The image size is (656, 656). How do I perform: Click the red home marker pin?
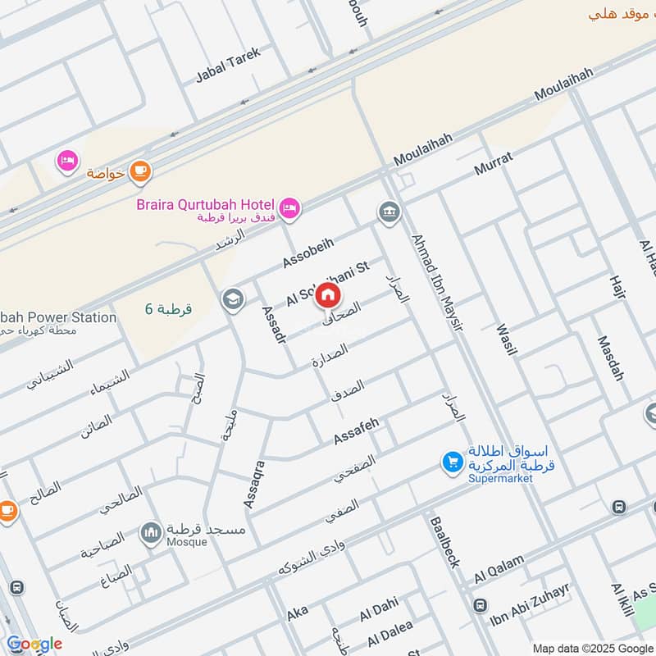click(x=328, y=295)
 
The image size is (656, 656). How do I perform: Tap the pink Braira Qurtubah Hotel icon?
click(x=289, y=209)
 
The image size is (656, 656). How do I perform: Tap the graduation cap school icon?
click(x=233, y=299)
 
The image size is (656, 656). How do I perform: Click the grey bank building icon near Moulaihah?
click(x=388, y=212)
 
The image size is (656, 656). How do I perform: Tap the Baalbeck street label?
click(x=442, y=541)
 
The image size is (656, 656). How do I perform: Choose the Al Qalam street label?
click(x=499, y=571)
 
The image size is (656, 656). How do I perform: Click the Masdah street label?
click(x=610, y=358)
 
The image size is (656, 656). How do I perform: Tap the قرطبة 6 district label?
click(x=169, y=309)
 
